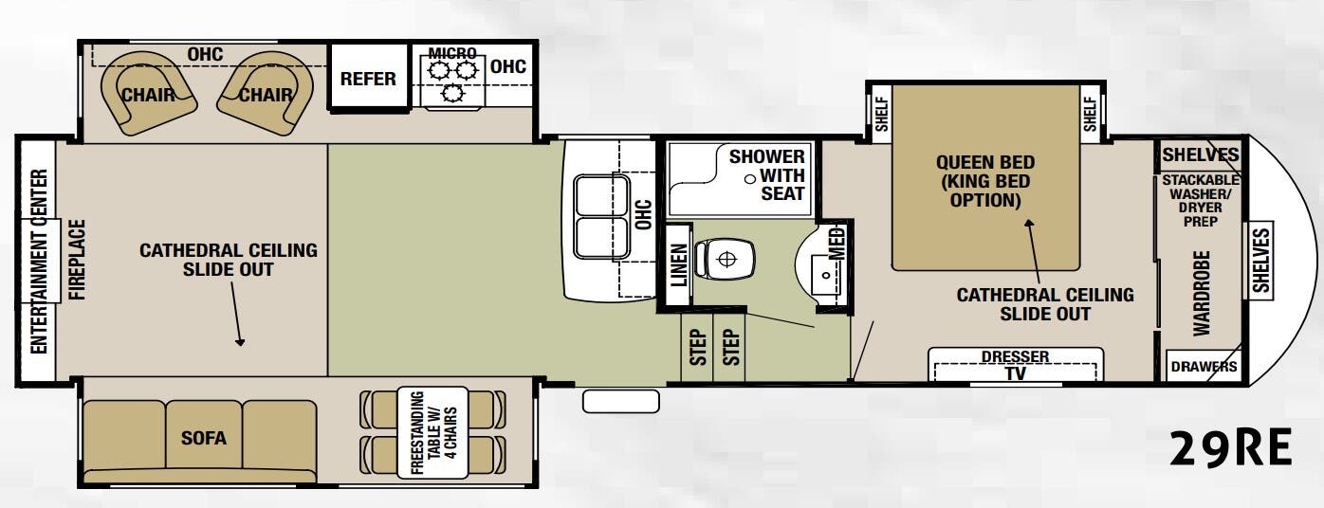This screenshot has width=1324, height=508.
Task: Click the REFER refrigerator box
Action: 368,79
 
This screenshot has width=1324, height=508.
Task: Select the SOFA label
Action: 204,438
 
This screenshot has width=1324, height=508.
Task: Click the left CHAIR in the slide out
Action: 148,94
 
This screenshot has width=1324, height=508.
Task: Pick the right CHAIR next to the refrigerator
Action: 265,94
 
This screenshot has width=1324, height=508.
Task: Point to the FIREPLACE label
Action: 77,260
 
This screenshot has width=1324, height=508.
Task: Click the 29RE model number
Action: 1230,448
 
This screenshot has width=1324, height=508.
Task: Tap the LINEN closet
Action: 678,264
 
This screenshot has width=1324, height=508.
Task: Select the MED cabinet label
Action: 837,243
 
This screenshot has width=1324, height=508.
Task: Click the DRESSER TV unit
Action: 1015,365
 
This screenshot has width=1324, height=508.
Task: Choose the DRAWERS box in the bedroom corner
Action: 1204,367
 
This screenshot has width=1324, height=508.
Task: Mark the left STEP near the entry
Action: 698,347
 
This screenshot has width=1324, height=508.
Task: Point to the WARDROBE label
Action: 1203,292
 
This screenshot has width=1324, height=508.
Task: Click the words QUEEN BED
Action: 985,162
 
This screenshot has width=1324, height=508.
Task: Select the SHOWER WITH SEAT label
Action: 766,174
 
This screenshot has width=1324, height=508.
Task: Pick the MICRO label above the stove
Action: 452,53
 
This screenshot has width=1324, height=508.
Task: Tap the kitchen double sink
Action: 601,216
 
